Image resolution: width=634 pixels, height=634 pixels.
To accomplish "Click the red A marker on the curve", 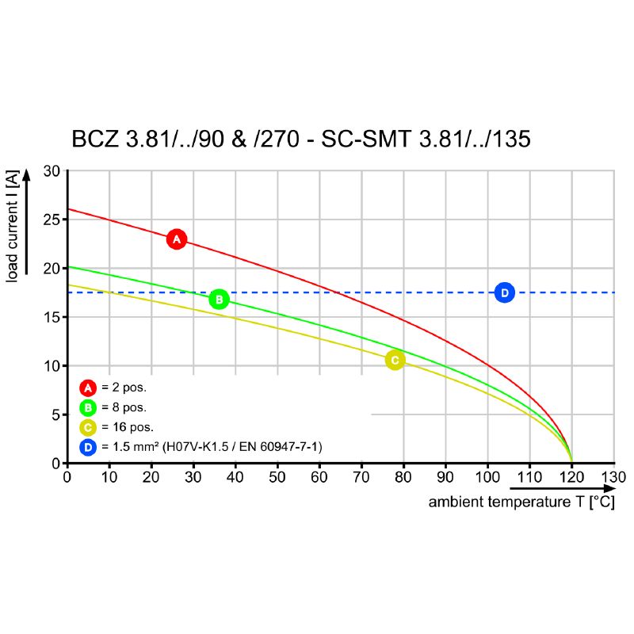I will click(x=177, y=239).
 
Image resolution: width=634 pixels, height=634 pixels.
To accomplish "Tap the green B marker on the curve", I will click(x=219, y=299).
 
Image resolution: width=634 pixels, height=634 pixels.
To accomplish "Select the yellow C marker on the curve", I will click(x=395, y=360).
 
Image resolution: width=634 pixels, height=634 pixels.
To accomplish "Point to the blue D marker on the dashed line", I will click(x=504, y=292).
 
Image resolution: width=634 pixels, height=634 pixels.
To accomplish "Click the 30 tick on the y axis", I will click(x=52, y=171).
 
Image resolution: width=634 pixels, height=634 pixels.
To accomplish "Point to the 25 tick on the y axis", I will click(x=52, y=220).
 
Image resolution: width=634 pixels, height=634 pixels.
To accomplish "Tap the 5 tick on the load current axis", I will click(x=55, y=414).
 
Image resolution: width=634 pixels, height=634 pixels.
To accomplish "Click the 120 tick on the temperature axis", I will click(x=571, y=477).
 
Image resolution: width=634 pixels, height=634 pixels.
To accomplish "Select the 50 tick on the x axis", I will click(x=277, y=477).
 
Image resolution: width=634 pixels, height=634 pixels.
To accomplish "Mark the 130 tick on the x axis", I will click(x=613, y=477).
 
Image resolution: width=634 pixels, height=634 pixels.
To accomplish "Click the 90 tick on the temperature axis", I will click(x=445, y=477).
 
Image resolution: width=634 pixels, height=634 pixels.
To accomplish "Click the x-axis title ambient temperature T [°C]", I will click(x=521, y=502).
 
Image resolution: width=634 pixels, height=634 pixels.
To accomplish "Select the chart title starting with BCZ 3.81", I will click(x=300, y=139).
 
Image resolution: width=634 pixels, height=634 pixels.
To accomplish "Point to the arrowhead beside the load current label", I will click(x=27, y=176).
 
